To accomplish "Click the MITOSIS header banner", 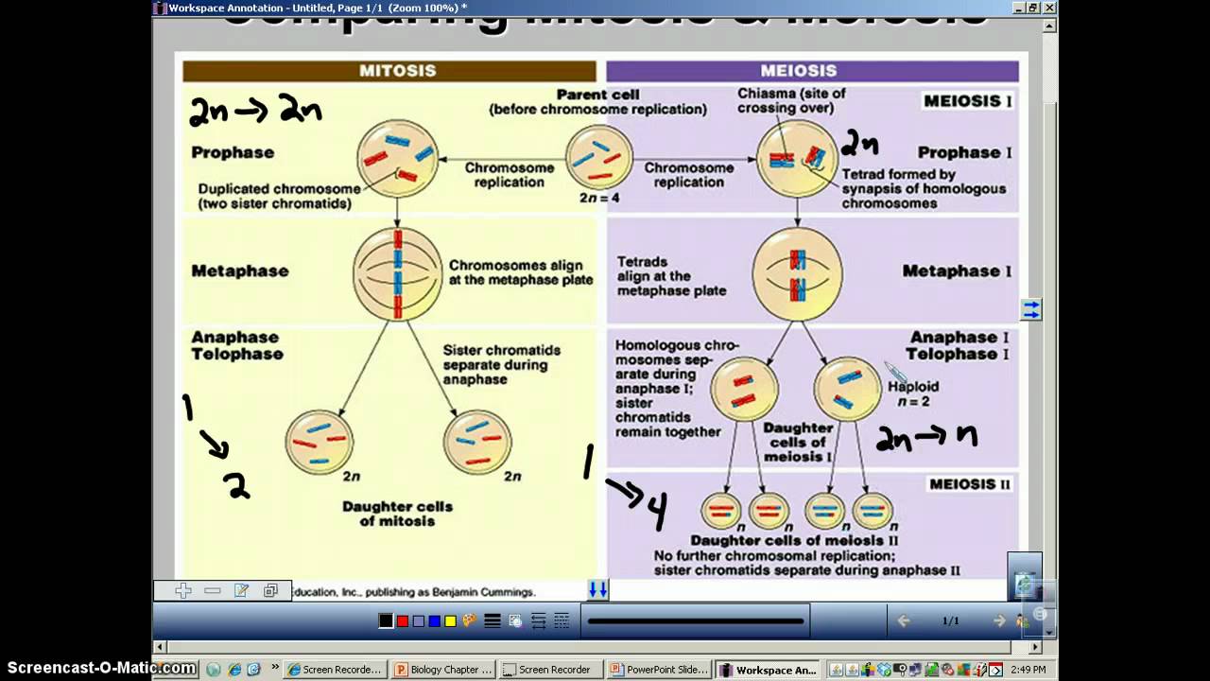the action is [x=389, y=71].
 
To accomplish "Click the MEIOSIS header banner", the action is [x=812, y=71].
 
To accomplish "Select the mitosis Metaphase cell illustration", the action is [x=398, y=273].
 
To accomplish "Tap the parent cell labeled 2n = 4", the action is [x=598, y=157].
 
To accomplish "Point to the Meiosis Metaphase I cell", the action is [x=798, y=273].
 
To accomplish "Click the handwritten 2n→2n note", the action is [x=255, y=112].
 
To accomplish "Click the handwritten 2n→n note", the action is [x=926, y=437].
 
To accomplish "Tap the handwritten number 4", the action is [x=656, y=511].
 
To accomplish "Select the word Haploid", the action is [x=913, y=386].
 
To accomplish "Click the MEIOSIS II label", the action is [x=969, y=484].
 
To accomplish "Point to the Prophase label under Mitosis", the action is [x=233, y=152].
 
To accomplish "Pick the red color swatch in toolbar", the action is [x=403, y=621].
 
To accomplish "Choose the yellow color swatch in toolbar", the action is [x=450, y=621].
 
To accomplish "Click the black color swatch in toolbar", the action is [x=386, y=621].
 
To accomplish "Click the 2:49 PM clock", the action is [x=1028, y=670].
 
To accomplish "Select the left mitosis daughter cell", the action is [x=320, y=442].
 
